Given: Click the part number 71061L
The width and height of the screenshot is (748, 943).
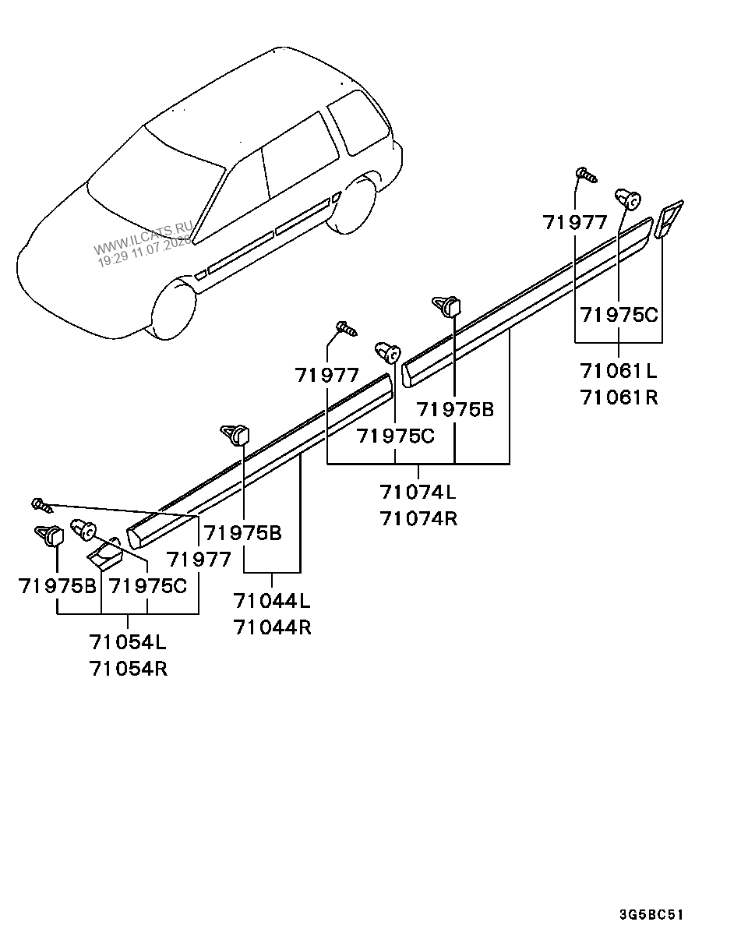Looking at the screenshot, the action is click(x=619, y=371).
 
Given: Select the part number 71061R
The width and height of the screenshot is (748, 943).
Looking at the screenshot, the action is click(x=619, y=397).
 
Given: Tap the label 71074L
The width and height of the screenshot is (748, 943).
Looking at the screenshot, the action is click(x=418, y=492).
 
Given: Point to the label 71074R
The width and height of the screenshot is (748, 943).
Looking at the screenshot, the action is click(x=418, y=518).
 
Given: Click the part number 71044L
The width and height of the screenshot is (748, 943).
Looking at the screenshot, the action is click(x=272, y=600).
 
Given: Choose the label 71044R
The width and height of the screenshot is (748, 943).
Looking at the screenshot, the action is click(x=272, y=627).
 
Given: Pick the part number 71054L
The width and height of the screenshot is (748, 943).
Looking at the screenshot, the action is click(x=128, y=642).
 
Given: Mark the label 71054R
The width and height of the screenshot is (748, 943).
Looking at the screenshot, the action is click(x=129, y=669).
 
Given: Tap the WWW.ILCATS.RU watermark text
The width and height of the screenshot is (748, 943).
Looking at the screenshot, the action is click(x=143, y=238).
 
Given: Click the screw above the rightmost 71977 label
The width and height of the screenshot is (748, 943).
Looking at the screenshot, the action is click(x=587, y=175).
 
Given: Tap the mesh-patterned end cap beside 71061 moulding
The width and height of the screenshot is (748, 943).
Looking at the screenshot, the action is click(x=669, y=220).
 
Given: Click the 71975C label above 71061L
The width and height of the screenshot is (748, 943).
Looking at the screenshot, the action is click(x=619, y=315).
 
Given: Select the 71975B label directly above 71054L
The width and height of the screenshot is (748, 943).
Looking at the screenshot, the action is click(x=57, y=585).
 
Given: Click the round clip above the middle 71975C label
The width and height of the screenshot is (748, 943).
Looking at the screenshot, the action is click(x=388, y=351).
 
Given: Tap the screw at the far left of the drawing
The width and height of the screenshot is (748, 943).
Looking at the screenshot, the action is click(x=42, y=505).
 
